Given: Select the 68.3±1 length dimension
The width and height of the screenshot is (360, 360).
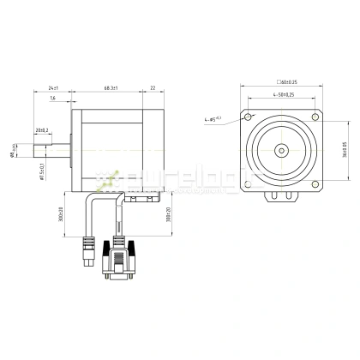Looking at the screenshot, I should [111, 88].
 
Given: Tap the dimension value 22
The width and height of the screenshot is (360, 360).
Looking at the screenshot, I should [153, 88].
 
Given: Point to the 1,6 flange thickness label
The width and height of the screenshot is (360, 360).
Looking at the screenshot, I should [53, 99].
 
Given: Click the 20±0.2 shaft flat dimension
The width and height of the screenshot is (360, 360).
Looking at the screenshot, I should [41, 130].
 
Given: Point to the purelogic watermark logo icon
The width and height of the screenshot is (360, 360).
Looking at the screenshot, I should [109, 181].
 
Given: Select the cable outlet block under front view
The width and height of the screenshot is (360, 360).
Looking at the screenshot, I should [281, 196].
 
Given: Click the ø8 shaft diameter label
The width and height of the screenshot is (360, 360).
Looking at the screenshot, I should [12, 154].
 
